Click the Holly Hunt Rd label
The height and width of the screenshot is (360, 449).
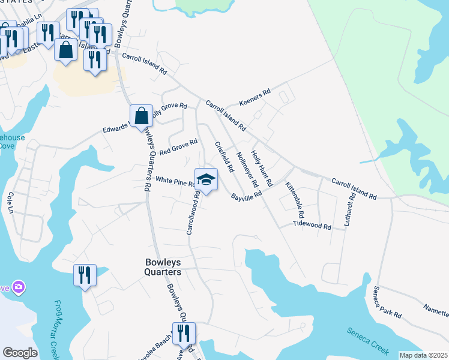click(x=262, y=169)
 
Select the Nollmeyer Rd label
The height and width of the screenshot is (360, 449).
click(x=247, y=169)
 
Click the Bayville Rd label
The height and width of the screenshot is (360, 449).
click(x=247, y=196)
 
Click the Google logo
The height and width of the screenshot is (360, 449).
click(x=20, y=353)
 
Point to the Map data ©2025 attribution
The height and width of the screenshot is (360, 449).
click(x=423, y=355)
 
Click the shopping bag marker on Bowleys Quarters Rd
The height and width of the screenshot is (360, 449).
click(x=142, y=116)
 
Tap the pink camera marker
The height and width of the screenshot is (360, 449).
click(x=19, y=287)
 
